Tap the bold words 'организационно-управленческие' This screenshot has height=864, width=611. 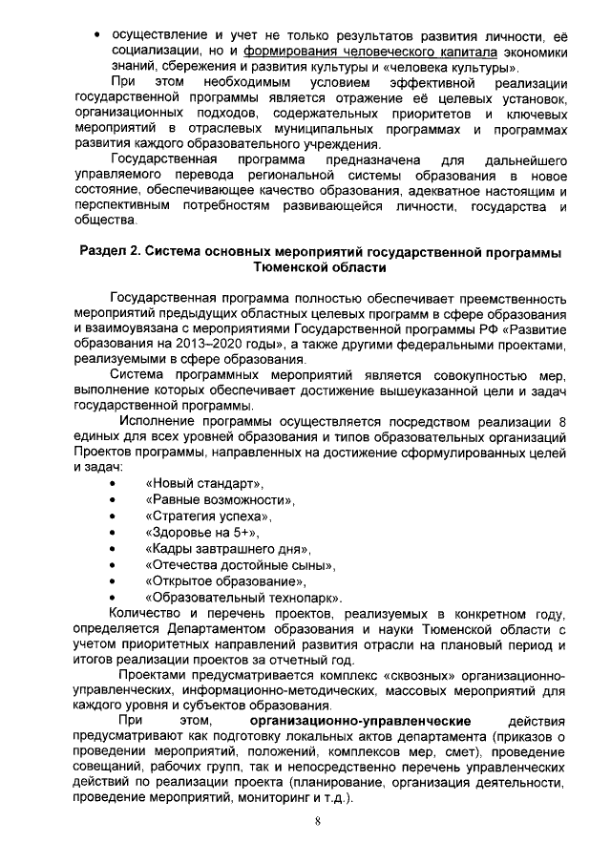pyautogui.click(x=357, y=718)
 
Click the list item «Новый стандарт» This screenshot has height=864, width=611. pyautogui.click(x=203, y=482)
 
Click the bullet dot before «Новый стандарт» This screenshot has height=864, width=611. pyautogui.click(x=114, y=483)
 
